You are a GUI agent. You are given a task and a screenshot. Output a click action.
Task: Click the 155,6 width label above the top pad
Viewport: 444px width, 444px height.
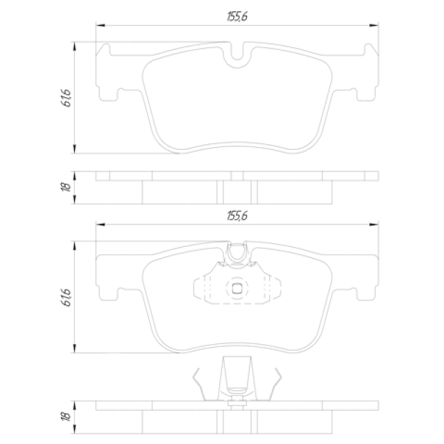237,17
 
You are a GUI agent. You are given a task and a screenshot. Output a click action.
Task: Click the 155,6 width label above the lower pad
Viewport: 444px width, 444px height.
237,216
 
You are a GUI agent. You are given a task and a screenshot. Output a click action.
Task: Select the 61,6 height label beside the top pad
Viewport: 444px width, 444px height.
66,98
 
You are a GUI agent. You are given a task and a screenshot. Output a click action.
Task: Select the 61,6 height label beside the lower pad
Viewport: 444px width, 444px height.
66,298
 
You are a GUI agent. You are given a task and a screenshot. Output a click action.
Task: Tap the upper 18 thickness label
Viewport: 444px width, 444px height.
66,187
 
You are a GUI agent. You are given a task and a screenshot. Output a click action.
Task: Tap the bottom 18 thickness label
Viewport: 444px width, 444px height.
66,416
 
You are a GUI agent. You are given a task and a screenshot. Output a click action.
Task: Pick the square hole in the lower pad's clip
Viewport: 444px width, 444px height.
237,289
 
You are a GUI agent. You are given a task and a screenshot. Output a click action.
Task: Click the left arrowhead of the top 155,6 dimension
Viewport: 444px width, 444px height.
100,25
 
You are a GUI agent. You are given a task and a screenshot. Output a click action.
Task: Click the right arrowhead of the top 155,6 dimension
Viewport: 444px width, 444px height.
374,25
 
